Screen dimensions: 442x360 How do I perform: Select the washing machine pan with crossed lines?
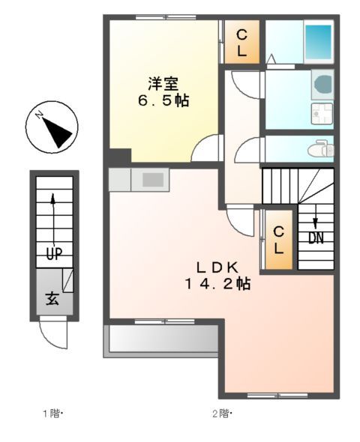click(322, 114)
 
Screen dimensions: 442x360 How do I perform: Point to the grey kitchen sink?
click(154, 180)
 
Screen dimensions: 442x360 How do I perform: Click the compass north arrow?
click(54, 130)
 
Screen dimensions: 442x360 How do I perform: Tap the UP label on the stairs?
click(53, 253)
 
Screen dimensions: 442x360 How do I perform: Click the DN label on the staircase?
click(315, 238)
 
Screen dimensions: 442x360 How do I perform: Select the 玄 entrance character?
click(52, 298)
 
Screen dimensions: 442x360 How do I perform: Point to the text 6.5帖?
click(162, 99)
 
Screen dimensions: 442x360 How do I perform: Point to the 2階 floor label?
click(221, 413)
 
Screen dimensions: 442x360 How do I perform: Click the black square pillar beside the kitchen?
click(118, 157)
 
